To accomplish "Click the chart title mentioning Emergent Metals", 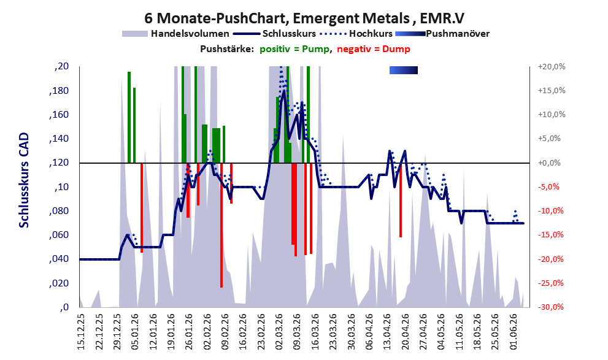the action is [304, 18].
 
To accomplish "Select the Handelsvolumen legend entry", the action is [175, 34].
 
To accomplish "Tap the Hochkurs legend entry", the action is [356, 34].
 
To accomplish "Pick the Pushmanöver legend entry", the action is [442, 34].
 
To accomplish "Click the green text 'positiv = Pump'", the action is [294, 49].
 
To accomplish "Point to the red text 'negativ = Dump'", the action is [374, 49].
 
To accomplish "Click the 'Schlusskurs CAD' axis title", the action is [24, 180].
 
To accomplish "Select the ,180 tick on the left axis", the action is [60, 91].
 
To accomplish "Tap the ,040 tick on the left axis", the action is [60, 259].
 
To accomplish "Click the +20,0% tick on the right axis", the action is [552, 67].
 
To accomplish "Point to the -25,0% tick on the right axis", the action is [552, 283].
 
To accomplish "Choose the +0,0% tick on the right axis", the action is [549, 163].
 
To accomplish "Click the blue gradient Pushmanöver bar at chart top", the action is [404, 70].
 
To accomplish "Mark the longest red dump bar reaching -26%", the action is [221, 225].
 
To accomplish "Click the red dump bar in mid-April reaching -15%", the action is [401, 200].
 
